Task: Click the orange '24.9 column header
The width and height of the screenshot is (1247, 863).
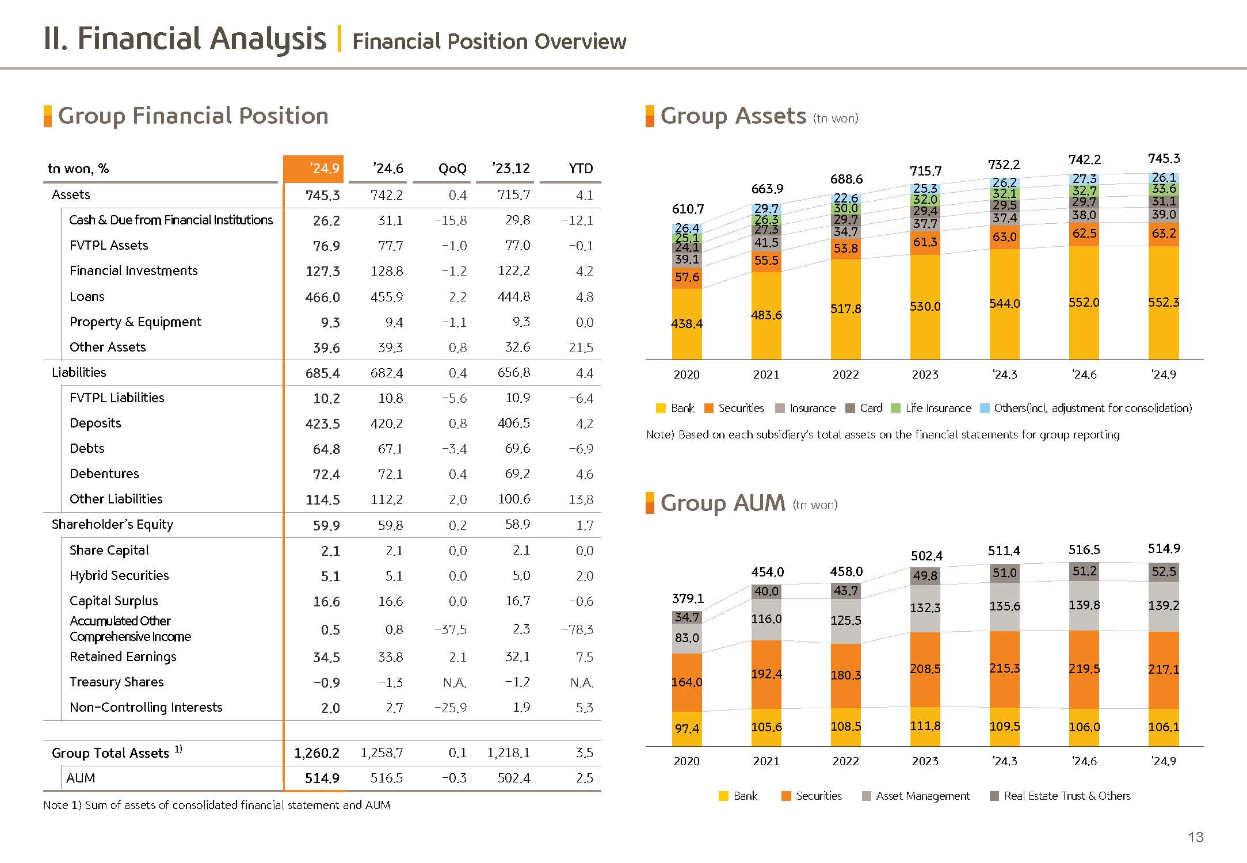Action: click(314, 169)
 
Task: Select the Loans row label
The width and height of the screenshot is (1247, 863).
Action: click(87, 296)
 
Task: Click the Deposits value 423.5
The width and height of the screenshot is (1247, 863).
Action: click(322, 424)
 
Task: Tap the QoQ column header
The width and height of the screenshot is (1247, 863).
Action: click(452, 169)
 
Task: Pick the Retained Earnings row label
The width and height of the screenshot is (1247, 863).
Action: click(123, 656)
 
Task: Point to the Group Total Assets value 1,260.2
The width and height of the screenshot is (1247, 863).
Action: click(316, 753)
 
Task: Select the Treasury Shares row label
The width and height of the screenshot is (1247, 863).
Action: click(116, 682)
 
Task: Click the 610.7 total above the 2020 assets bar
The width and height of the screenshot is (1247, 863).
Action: click(688, 209)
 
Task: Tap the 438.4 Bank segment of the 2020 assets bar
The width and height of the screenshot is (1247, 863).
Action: click(687, 324)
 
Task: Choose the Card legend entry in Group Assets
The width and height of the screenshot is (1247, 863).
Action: click(864, 408)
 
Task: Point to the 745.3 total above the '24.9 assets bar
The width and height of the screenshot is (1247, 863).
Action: click(1164, 158)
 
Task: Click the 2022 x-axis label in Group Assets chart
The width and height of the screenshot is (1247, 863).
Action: click(845, 375)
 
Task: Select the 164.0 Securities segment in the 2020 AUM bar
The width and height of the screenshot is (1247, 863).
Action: click(687, 682)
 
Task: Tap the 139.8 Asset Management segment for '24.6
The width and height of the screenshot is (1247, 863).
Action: click(1084, 605)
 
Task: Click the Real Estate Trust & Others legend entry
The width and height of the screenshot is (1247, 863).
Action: click(1060, 796)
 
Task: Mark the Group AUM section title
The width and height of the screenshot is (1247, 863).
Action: click(722, 503)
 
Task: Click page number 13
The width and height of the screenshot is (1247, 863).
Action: click(1196, 837)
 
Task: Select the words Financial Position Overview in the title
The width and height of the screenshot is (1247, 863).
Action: click(489, 41)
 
